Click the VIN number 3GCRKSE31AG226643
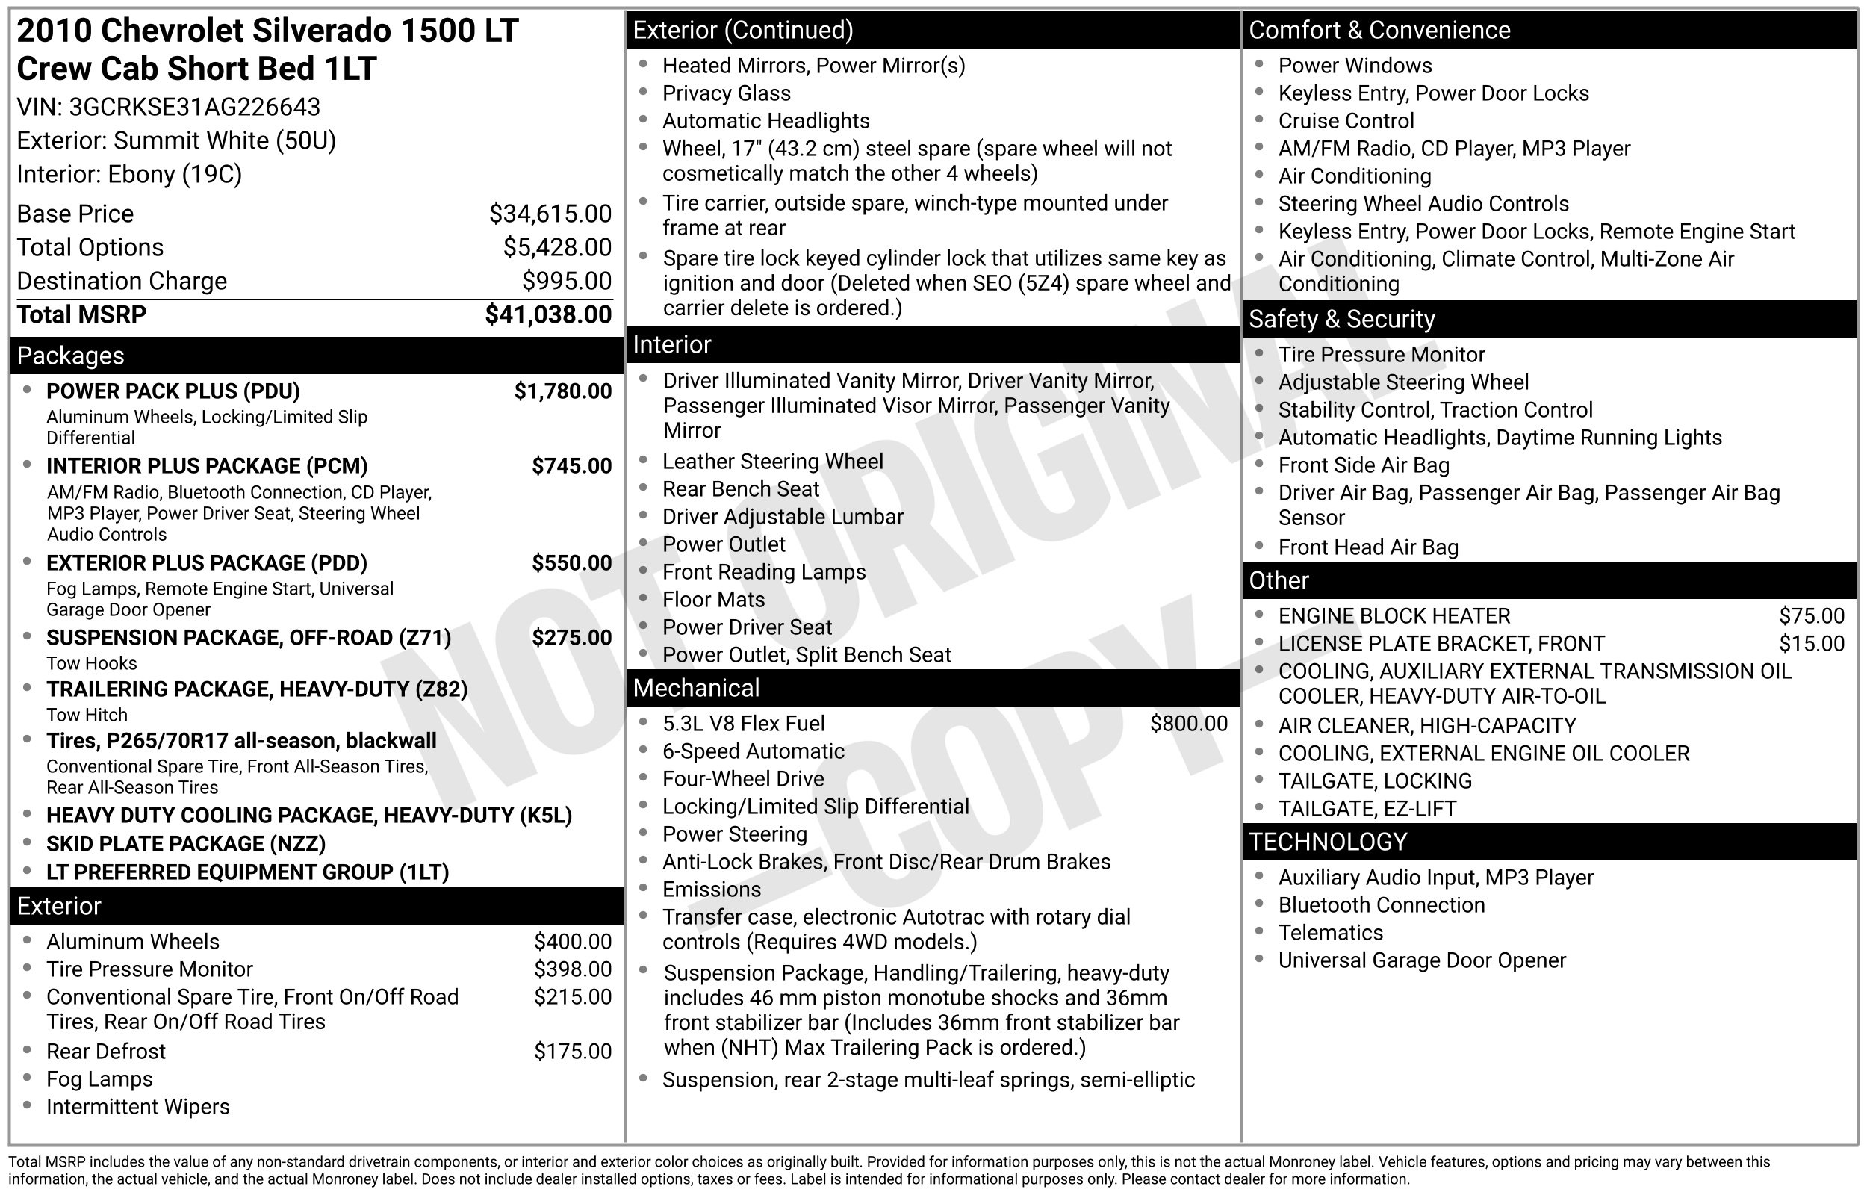(194, 107)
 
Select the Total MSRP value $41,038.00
(547, 314)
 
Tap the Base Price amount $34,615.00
(550, 214)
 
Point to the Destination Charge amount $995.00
(566, 281)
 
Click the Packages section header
(71, 356)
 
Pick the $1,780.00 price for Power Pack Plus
(562, 391)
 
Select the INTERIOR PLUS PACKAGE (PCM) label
(206, 465)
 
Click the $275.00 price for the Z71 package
(571, 638)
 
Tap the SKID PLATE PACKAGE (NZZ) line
(185, 843)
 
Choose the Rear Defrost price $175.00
(573, 1052)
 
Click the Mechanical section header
(696, 689)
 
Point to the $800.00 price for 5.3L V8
(1188, 724)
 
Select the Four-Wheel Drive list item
(742, 779)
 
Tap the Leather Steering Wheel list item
(771, 462)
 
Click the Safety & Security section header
(1341, 319)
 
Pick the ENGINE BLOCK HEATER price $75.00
(1811, 616)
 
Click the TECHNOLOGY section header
(1327, 842)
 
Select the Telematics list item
(1330, 933)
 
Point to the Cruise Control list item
(1346, 121)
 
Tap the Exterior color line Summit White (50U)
(176, 140)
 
